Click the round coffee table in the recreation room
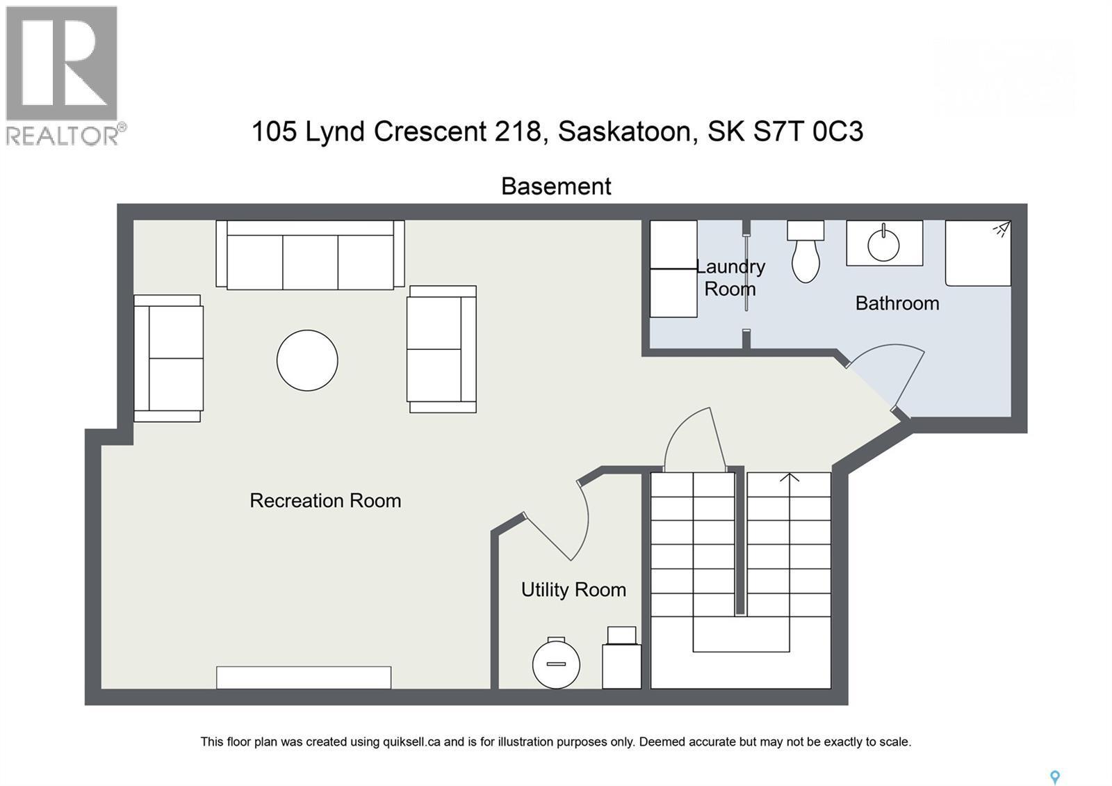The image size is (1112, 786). [x=307, y=360]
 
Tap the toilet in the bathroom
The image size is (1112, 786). [x=806, y=255]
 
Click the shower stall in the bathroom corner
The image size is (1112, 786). [x=978, y=253]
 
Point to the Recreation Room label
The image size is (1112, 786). [x=325, y=501]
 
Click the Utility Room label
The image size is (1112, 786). [x=573, y=590]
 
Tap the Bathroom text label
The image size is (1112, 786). [x=897, y=303]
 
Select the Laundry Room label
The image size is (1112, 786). [x=730, y=278]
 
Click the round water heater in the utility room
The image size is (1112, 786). [x=556, y=664]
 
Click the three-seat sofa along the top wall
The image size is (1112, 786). [x=310, y=255]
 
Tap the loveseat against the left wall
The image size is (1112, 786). [x=168, y=358]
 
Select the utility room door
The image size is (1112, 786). [x=563, y=522]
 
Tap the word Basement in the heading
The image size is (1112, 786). [x=556, y=186]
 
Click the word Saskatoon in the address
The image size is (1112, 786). [x=628, y=131]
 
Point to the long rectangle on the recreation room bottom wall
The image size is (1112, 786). [x=304, y=677]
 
